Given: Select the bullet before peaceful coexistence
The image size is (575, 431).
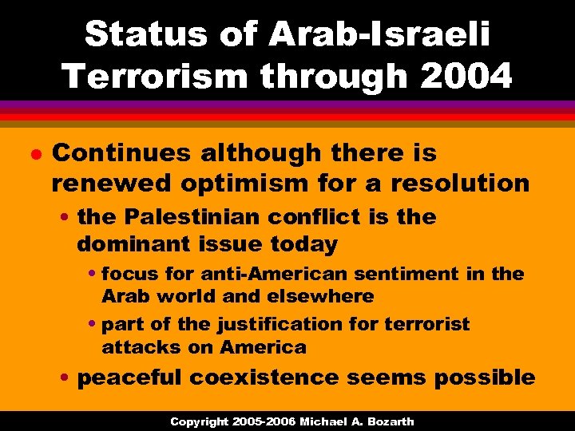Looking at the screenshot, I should pyautogui.click(x=67, y=377).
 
